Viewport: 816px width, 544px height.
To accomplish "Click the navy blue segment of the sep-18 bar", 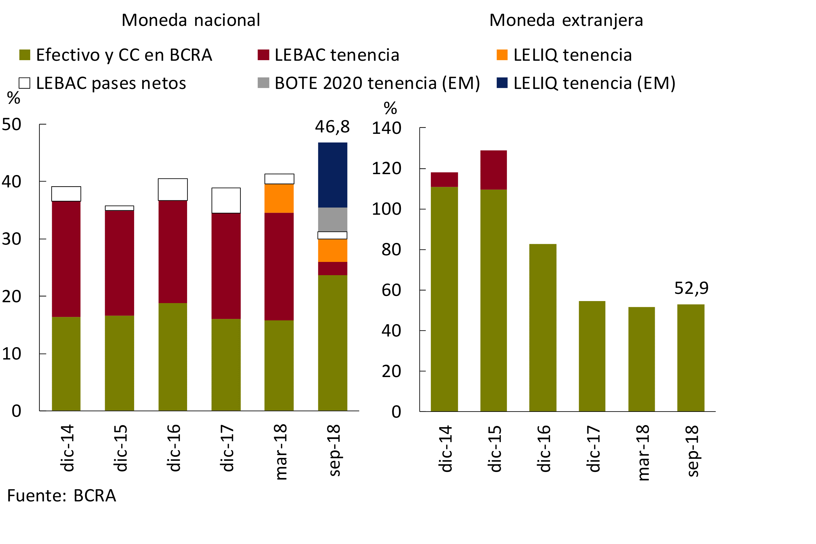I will tap(332, 175).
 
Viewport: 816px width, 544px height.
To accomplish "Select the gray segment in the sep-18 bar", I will tap(332, 219).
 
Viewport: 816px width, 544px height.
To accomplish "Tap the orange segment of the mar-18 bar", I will tap(279, 198).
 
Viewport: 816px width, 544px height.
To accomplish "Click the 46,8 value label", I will tap(332, 127).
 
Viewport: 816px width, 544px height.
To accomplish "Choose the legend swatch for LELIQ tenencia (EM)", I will tap(502, 83).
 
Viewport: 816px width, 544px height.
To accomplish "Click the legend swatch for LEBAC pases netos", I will tap(25, 83).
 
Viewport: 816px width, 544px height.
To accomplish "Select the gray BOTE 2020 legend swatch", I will tap(263, 83).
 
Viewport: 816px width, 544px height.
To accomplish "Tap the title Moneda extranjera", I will tap(566, 20).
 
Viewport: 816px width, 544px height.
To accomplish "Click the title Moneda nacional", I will tap(191, 20).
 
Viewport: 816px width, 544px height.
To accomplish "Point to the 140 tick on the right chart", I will tap(386, 128).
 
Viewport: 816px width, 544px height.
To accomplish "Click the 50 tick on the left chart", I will tap(12, 125).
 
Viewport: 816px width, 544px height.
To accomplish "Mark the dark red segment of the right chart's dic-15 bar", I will tap(493, 170).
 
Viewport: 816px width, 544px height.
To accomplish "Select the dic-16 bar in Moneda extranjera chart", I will tap(543, 328).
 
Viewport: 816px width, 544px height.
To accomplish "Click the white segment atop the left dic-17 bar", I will tap(226, 201).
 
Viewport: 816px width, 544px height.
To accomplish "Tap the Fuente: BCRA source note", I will tap(61, 496).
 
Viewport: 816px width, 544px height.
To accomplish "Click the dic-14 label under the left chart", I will tap(67, 448).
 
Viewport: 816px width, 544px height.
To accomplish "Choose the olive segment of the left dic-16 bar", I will tap(173, 357).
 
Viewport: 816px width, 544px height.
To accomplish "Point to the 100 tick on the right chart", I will tap(386, 209).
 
